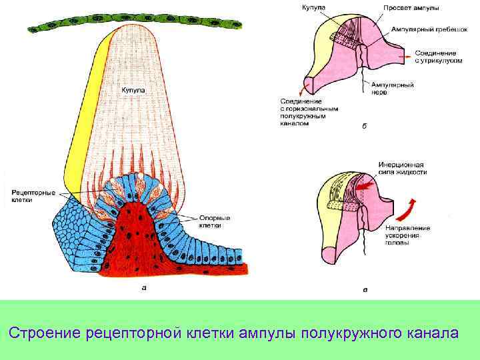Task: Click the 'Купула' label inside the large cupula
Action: [132, 90]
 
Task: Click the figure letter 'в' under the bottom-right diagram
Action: [364, 289]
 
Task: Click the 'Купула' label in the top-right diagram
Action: [313, 7]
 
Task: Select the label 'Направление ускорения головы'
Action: [407, 236]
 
